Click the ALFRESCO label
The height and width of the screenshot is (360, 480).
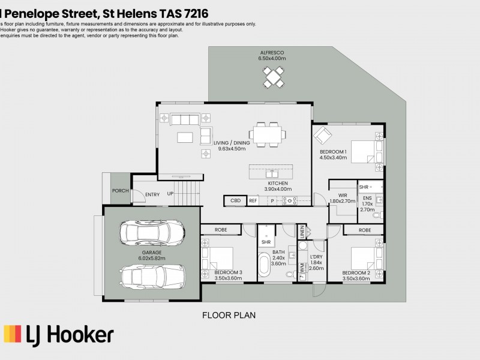272,53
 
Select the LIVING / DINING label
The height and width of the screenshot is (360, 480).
232,143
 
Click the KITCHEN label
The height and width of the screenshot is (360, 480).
278,183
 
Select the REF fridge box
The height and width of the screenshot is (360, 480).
253,201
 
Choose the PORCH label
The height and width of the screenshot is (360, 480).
120,191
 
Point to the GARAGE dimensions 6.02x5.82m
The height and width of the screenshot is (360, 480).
152,258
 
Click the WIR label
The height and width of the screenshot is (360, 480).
343,196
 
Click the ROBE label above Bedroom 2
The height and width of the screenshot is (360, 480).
364,230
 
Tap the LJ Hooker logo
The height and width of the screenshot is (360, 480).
58,334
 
